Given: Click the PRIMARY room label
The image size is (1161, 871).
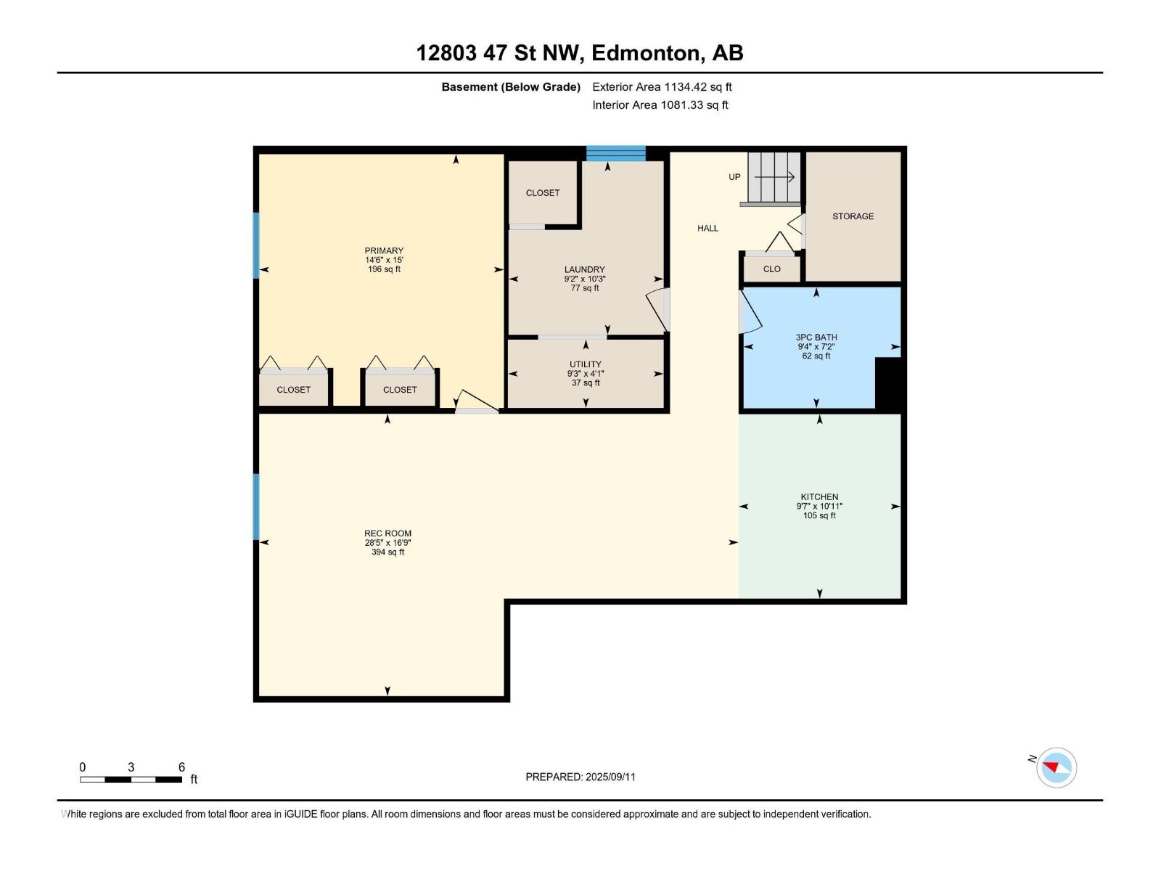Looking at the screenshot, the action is pyautogui.click(x=384, y=250).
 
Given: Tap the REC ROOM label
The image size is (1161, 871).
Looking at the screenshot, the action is pyautogui.click(x=387, y=533).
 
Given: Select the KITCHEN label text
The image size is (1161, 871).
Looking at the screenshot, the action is pyautogui.click(x=819, y=497).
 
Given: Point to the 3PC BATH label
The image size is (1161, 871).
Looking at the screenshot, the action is pyautogui.click(x=816, y=338).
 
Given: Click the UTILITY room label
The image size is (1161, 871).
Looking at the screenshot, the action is pyautogui.click(x=586, y=364).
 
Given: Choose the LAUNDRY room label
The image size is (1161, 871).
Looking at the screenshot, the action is pyautogui.click(x=584, y=270).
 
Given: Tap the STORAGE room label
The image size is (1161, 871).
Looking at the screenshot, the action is pyautogui.click(x=853, y=216).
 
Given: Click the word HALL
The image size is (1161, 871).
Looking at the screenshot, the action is pyautogui.click(x=707, y=229).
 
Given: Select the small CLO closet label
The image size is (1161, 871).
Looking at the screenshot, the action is pyautogui.click(x=772, y=269).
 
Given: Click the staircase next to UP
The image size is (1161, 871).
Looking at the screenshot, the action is pyautogui.click(x=774, y=178).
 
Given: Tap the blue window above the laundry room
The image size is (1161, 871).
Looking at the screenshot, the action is pyautogui.click(x=615, y=153).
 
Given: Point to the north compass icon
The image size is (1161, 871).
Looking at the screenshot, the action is pyautogui.click(x=1057, y=767).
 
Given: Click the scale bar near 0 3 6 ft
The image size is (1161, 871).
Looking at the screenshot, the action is pyautogui.click(x=131, y=780).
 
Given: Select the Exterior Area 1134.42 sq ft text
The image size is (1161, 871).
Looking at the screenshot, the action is pyautogui.click(x=662, y=87).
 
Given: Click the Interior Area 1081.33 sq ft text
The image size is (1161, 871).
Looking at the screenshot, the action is pyautogui.click(x=660, y=105).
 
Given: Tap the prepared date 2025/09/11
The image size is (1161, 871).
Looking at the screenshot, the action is pyautogui.click(x=610, y=777).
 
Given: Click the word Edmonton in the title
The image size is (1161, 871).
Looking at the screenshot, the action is pyautogui.click(x=649, y=54).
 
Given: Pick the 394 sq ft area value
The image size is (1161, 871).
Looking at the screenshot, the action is pyautogui.click(x=387, y=552).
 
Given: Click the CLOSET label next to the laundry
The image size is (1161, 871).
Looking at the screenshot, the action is pyautogui.click(x=543, y=193).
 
